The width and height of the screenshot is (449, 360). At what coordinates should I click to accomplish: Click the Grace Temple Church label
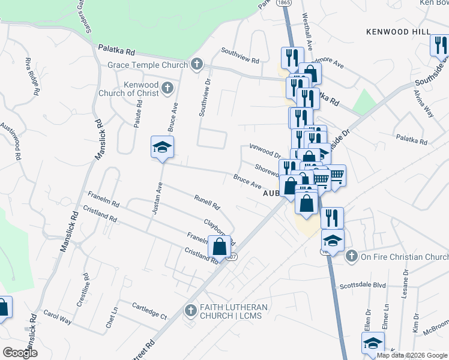(147, 65)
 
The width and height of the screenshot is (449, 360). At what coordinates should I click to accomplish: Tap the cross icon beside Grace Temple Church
(197, 65)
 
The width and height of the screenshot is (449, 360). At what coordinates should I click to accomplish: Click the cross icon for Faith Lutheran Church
(190, 311)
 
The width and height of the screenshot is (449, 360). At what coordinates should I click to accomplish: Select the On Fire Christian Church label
(403, 257)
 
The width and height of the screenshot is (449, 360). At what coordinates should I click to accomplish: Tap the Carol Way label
(58, 317)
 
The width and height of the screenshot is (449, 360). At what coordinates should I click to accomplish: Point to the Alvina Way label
(423, 103)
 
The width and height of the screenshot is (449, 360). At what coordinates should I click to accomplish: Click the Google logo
(20, 353)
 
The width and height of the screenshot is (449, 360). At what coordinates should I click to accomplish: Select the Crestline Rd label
(83, 290)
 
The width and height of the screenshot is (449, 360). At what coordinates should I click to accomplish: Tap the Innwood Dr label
(265, 151)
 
